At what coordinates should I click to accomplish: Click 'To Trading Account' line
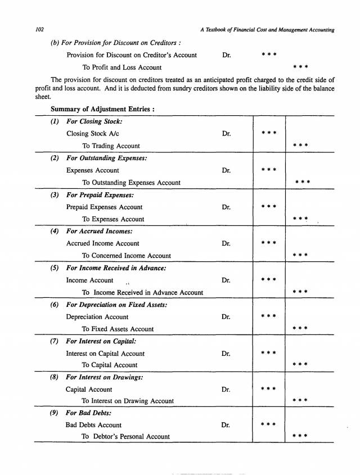click(x=111, y=146)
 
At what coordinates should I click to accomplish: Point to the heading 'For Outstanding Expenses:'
click(x=107, y=159)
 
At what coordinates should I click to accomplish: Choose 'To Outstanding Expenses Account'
click(x=131, y=183)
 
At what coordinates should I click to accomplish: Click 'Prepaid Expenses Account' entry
click(x=104, y=207)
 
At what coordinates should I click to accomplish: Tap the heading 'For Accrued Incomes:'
click(x=101, y=232)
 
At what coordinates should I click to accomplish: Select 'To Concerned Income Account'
click(x=126, y=256)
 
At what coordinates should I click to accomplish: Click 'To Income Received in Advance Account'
click(x=142, y=292)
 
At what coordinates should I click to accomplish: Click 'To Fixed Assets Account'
click(x=118, y=329)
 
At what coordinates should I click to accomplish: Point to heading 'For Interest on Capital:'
click(x=101, y=341)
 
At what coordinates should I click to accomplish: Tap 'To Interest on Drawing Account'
click(x=128, y=401)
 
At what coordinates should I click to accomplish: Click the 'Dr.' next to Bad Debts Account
click(x=226, y=426)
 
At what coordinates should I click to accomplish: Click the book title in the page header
click(x=267, y=30)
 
